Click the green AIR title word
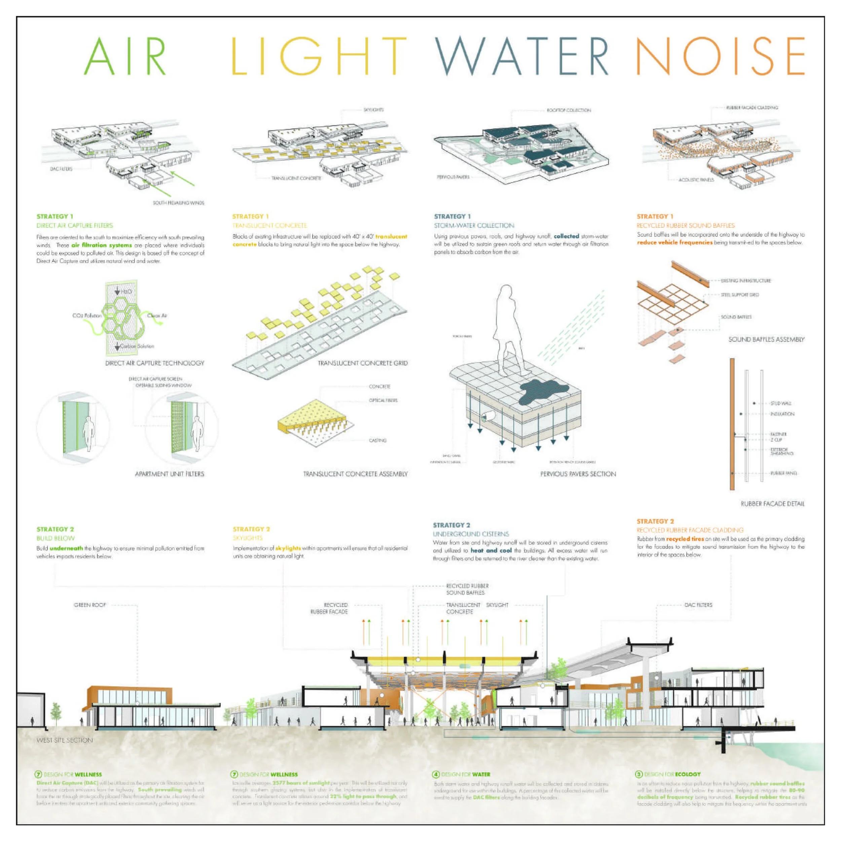pos(125,56)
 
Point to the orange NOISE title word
pos(721,56)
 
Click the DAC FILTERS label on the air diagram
pos(61,169)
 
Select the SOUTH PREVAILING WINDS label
pos(179,203)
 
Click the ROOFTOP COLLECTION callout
pos(569,110)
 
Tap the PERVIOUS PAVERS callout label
pos(453,177)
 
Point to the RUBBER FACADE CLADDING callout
pos(752,108)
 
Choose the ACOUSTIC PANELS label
pos(696,180)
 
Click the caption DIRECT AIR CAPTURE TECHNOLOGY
pos(154,363)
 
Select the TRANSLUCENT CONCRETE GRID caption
pos(363,363)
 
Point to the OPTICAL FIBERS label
pos(383,400)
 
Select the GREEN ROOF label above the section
pos(90,605)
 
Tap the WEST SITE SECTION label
pos(65,740)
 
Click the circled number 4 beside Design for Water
pos(436,774)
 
